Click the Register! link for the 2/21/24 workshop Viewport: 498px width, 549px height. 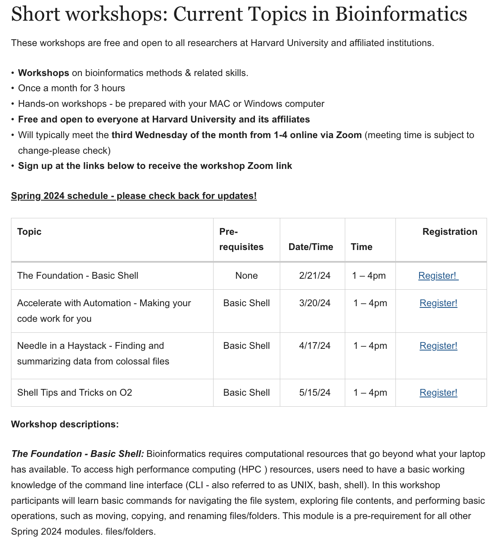point(437,276)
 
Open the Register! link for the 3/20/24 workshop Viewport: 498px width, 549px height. point(438,303)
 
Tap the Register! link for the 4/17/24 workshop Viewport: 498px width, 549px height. point(438,346)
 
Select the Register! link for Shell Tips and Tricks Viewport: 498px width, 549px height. point(438,393)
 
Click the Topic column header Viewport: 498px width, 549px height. point(30,232)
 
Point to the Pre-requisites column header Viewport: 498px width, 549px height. point(241,239)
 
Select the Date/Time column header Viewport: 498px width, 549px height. point(311,247)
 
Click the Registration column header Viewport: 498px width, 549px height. point(449,232)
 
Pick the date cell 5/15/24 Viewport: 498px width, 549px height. point(314,393)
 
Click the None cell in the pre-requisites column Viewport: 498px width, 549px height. point(246,276)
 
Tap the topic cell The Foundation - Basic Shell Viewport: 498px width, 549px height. point(78,276)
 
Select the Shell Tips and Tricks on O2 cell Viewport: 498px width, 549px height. point(75,393)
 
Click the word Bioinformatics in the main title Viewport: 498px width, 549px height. point(401,14)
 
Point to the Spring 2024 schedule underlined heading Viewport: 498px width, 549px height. point(134,196)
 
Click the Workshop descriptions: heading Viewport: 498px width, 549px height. point(65,424)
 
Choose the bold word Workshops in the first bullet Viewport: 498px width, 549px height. point(43,73)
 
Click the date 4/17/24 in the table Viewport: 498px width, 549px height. point(314,346)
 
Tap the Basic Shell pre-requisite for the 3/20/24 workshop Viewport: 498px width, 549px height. point(246,303)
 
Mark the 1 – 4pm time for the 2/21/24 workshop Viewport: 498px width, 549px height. point(369,276)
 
